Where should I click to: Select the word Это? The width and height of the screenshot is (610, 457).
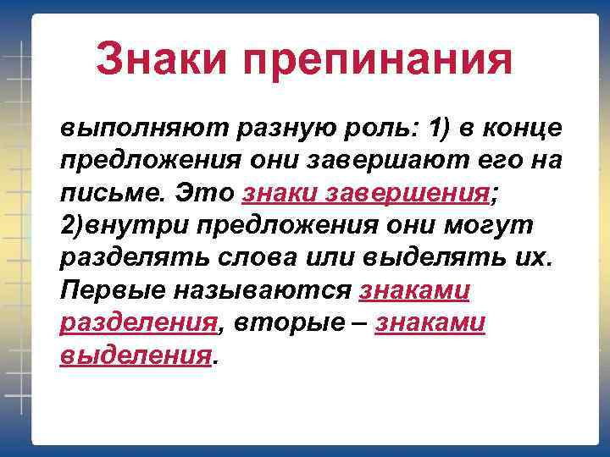[203, 192]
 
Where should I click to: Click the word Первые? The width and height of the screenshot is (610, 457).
[112, 289]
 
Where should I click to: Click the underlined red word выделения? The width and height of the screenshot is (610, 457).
[135, 353]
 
